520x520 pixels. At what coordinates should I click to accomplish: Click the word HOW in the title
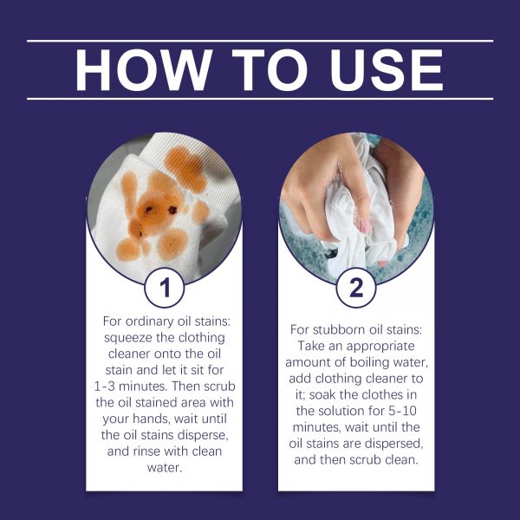point(143,69)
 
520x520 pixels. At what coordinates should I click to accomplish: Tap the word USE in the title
point(387,69)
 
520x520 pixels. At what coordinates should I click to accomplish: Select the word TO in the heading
point(270,69)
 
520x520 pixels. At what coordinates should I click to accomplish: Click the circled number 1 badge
point(165,288)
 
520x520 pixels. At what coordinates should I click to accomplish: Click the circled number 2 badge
point(356,288)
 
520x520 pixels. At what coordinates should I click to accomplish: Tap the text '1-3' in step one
point(105,387)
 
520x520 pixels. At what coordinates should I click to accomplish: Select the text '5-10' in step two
point(402,411)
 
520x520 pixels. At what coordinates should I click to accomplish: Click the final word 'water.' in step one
point(165,468)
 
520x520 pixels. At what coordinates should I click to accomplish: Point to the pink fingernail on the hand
point(366,226)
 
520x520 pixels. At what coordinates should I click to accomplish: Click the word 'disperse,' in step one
point(203,435)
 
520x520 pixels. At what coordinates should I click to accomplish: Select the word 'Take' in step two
point(311,346)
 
